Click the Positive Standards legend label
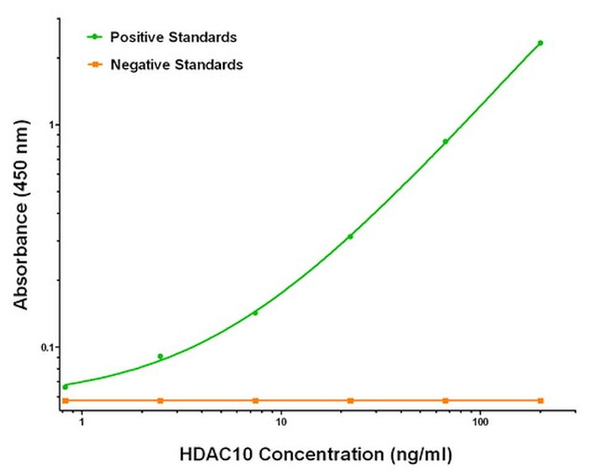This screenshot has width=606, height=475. point(172,37)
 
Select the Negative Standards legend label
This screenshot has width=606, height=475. point(176,65)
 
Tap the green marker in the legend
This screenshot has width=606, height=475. point(94,37)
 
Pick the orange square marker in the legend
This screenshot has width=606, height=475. point(94,65)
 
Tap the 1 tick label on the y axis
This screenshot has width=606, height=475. point(53,125)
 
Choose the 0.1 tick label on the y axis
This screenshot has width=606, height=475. point(48,347)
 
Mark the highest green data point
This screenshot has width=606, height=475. point(540,43)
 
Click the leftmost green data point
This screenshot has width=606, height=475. point(65,386)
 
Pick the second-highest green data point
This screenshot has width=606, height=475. point(445,142)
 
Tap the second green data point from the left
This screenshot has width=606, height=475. point(160,356)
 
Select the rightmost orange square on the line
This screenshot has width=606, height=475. point(540,400)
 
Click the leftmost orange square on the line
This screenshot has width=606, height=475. point(65,400)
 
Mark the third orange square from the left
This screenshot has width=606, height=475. point(255,400)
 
